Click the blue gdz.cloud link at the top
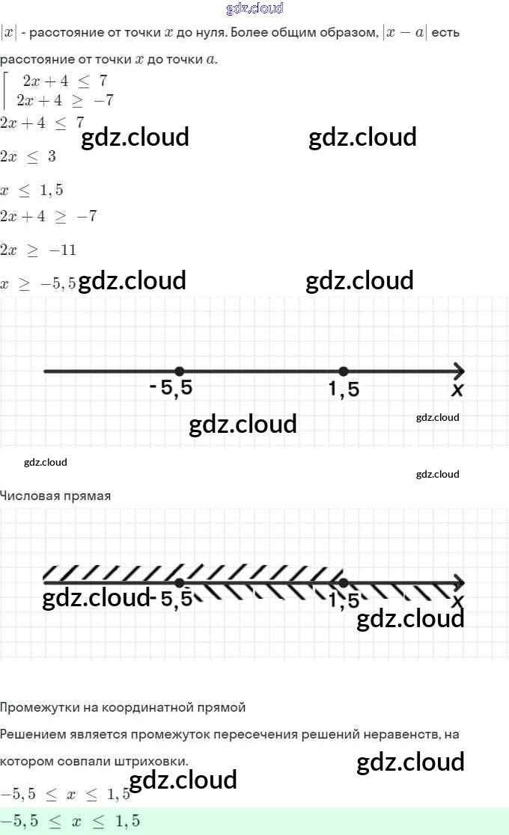(254, 8)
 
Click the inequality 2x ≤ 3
(28, 156)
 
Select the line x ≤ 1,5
(31, 190)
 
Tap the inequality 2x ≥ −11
(38, 250)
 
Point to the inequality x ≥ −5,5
(38, 283)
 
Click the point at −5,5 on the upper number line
(179, 371)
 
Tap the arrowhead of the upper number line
(458, 371)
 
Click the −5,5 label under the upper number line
(176, 389)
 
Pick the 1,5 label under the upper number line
(344, 389)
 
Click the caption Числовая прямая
(55, 496)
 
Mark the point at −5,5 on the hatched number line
(179, 583)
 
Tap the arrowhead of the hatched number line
(458, 583)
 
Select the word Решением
(31, 735)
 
